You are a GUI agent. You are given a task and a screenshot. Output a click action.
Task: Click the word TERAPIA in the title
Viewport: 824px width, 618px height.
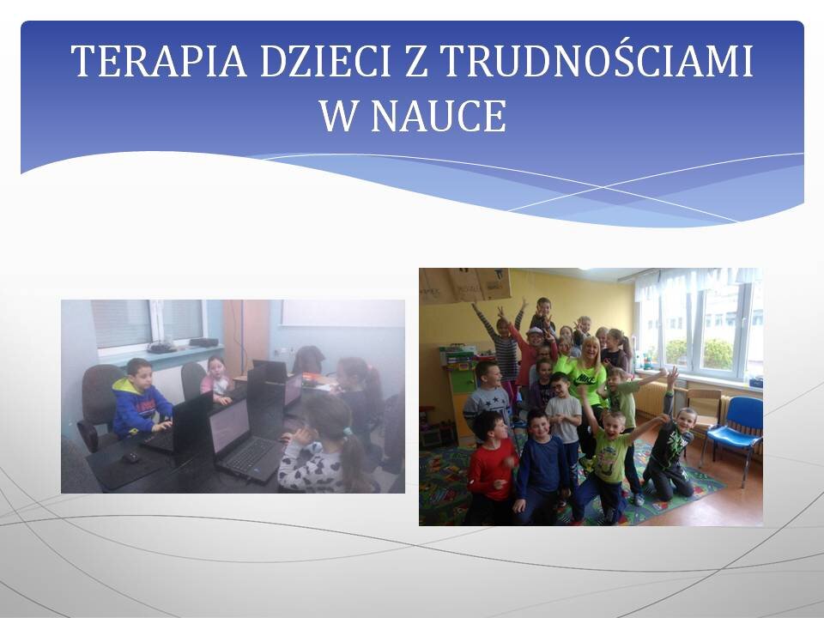159,61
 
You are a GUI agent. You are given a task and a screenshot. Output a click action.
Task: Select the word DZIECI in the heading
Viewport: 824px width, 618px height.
324,61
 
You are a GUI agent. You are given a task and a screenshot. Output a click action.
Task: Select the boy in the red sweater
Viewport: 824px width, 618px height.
490,467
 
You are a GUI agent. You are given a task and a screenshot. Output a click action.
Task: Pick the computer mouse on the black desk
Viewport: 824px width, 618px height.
130,457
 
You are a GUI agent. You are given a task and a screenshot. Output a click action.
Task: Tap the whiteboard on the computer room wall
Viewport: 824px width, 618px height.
342,313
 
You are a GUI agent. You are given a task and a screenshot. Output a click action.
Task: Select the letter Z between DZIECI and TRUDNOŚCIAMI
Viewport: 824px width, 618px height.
415,61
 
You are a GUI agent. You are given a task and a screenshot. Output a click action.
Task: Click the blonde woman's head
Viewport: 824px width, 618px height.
590,349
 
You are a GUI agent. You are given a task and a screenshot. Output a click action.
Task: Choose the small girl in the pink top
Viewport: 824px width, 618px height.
216,379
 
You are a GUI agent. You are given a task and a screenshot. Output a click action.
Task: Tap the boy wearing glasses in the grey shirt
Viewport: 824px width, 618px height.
562,415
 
